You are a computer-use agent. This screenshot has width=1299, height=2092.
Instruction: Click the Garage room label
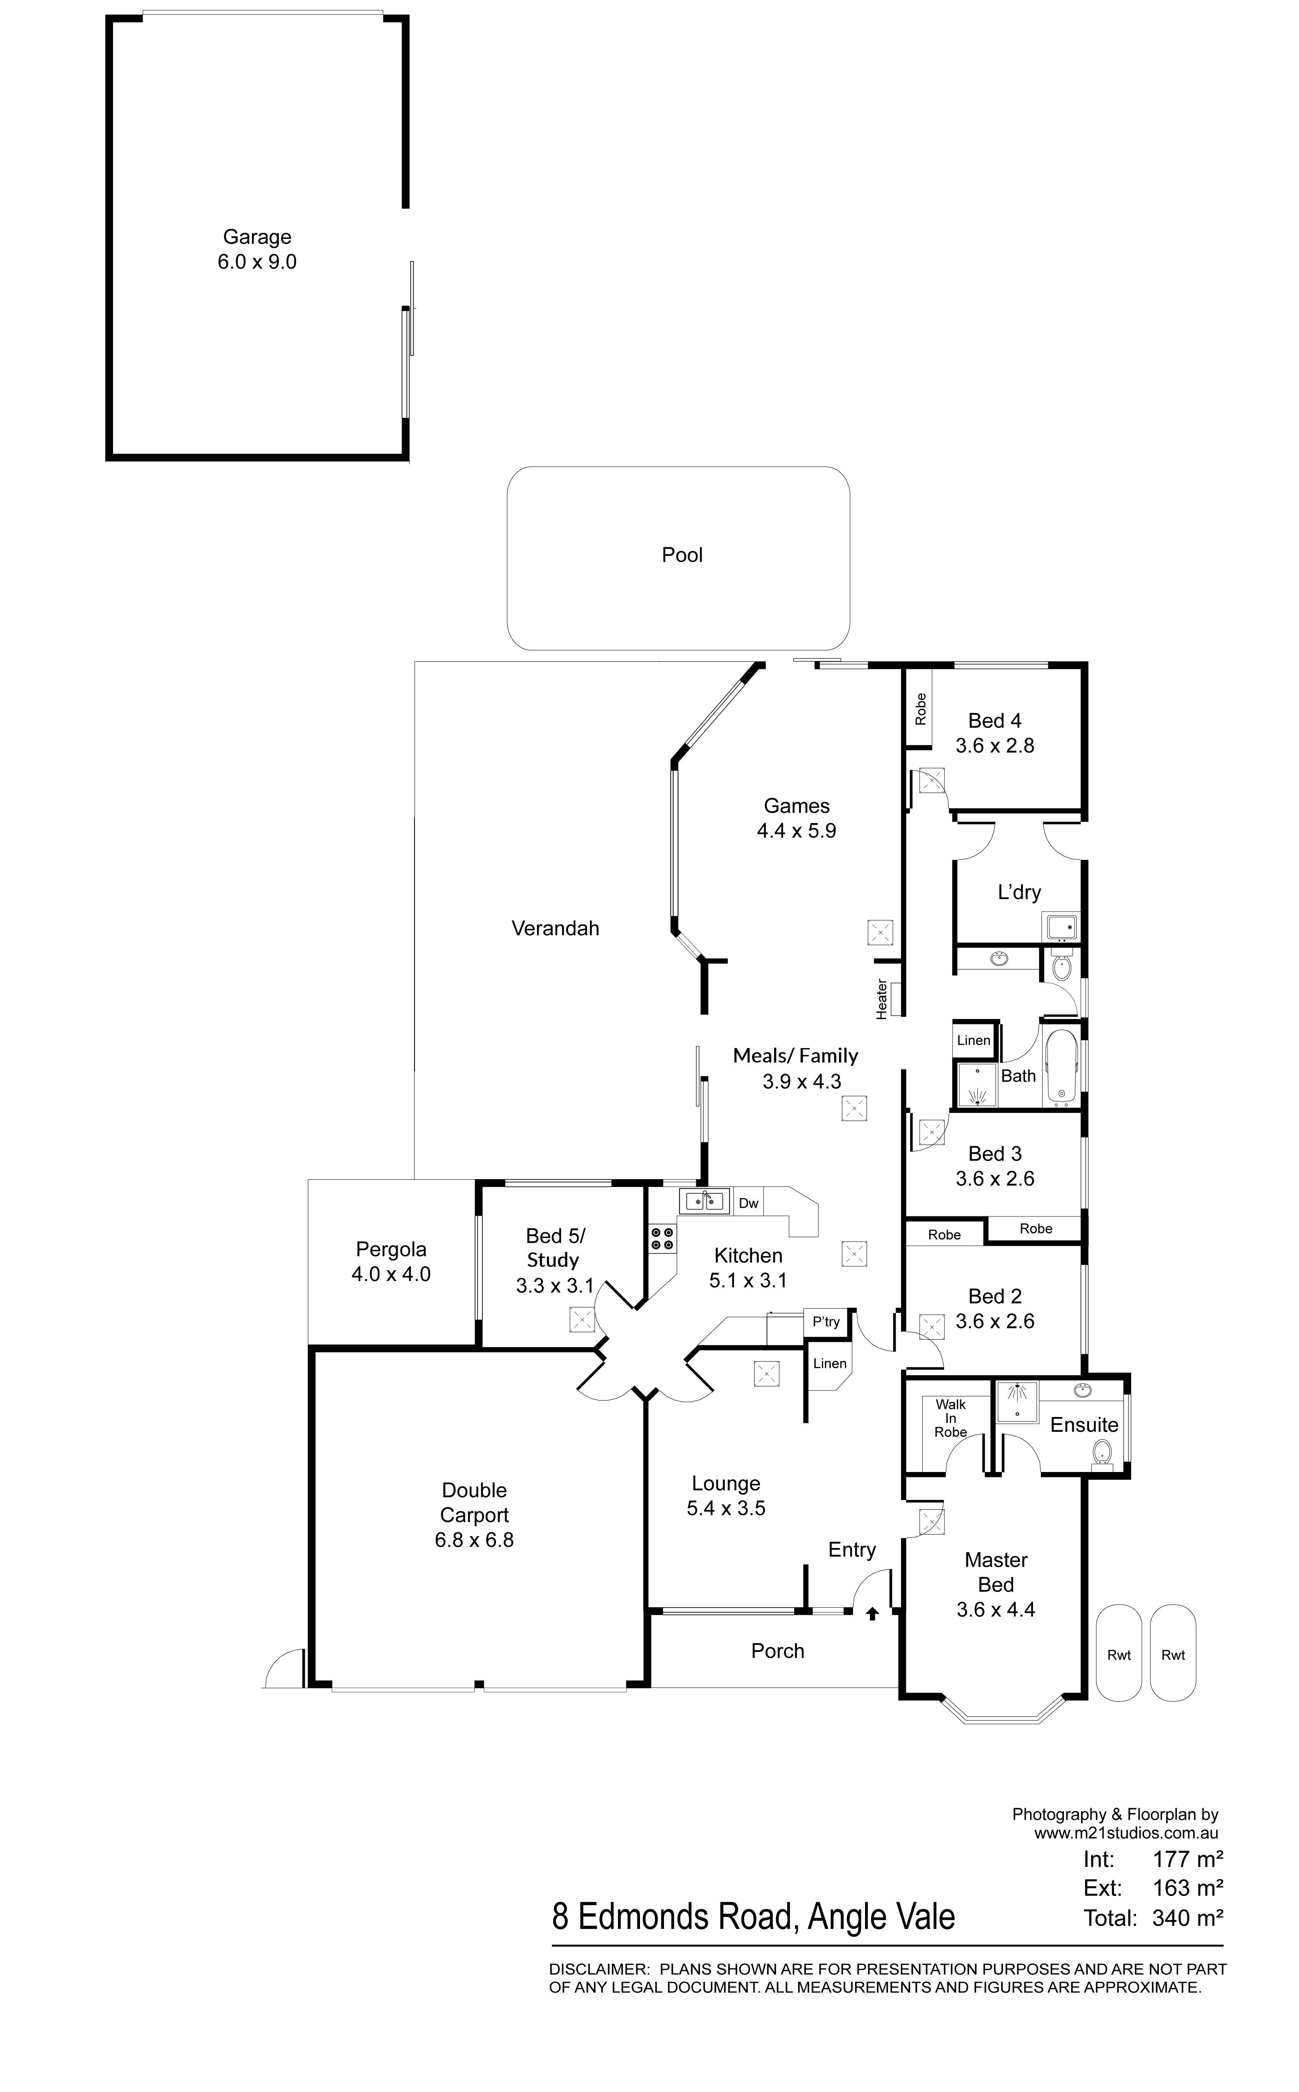(257, 237)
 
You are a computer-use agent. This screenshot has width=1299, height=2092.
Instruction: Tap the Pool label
(682, 555)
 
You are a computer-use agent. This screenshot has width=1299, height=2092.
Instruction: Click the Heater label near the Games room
(882, 999)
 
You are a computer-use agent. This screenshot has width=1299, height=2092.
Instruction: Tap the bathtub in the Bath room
(1061, 1068)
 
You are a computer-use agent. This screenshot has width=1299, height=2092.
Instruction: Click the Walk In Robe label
(951, 1418)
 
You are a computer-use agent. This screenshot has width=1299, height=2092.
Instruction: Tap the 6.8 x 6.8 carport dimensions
(474, 1540)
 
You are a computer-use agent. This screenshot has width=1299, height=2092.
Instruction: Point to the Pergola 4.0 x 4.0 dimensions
(391, 1274)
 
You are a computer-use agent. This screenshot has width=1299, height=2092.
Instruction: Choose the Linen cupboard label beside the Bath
(973, 1040)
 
